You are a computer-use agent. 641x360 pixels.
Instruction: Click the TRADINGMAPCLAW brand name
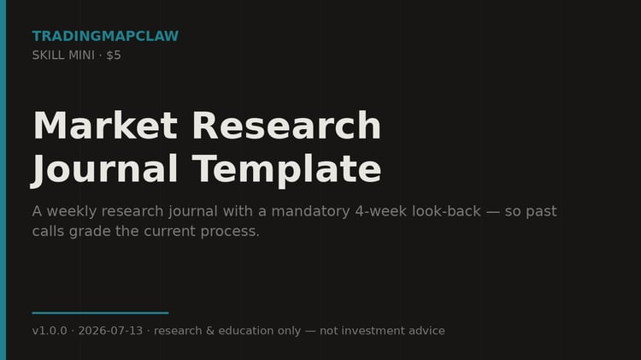(x=105, y=36)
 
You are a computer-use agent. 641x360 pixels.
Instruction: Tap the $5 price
(x=114, y=56)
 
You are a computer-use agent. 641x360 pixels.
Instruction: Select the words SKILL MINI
(x=63, y=56)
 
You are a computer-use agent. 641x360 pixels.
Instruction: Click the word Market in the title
(x=105, y=125)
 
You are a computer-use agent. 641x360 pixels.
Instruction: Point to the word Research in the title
(x=286, y=125)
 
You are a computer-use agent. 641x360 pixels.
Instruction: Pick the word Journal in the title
(x=104, y=169)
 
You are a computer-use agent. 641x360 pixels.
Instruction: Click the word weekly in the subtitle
(x=72, y=211)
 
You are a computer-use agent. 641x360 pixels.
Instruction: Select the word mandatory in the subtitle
(x=311, y=211)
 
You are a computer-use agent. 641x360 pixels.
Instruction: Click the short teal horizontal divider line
(x=100, y=313)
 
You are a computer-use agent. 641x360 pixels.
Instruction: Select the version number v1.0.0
(x=50, y=331)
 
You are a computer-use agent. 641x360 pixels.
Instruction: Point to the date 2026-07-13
(x=110, y=331)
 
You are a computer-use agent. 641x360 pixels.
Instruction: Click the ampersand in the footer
(x=210, y=331)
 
